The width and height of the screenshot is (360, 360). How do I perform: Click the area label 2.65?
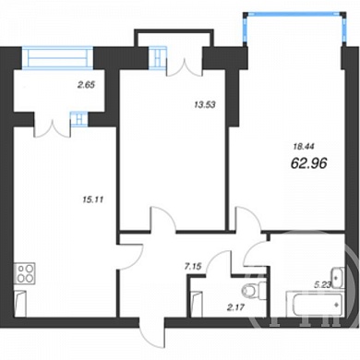point(86,85)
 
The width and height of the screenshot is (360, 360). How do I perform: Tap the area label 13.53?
point(205,105)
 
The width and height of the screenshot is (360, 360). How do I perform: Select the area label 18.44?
point(304,147)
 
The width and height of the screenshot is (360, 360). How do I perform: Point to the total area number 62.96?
point(308,163)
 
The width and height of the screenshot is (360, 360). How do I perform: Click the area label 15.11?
point(93,200)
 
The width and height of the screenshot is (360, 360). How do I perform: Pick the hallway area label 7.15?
point(193,267)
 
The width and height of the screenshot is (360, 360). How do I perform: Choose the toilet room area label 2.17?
point(235,306)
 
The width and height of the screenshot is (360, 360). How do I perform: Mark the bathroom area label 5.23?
point(322,285)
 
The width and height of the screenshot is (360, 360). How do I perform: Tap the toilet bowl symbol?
point(254,290)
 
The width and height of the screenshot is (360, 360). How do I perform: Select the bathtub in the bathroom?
point(315,304)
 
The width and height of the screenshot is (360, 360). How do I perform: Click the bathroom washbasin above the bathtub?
point(337,278)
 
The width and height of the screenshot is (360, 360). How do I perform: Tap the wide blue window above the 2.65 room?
point(57,57)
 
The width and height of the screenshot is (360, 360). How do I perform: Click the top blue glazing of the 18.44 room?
point(294,14)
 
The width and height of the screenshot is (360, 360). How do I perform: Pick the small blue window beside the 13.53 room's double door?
point(158,57)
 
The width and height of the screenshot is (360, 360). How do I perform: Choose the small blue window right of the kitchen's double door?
point(79,119)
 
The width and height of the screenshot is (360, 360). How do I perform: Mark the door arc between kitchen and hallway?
point(136,257)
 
